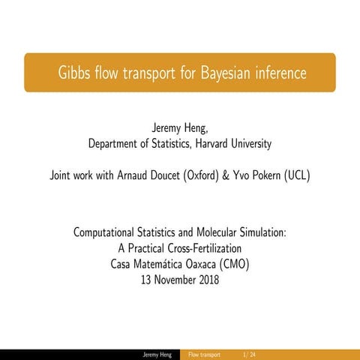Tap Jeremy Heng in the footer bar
(160, 354)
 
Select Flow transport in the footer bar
(204, 354)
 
